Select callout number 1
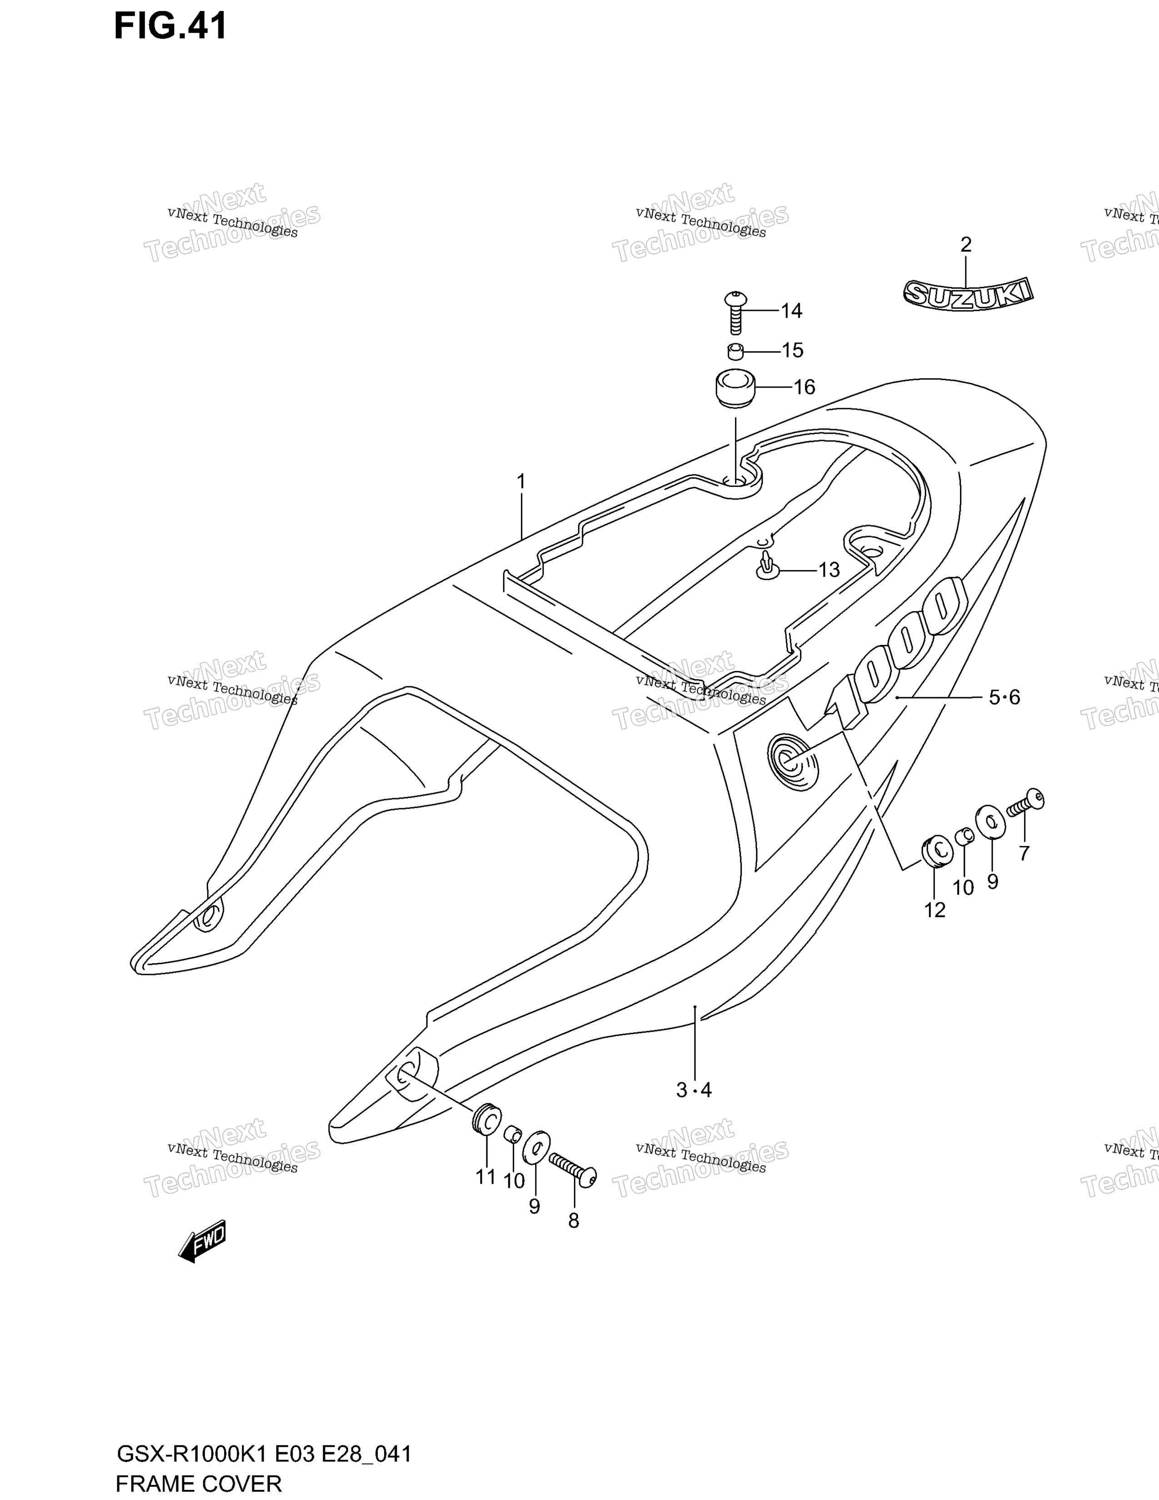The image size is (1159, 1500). pyautogui.click(x=521, y=481)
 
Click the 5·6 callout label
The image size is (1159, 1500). pyautogui.click(x=1004, y=698)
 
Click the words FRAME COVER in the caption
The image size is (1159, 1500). pyautogui.click(x=199, y=1484)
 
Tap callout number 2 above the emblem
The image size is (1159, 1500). pyautogui.click(x=966, y=245)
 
